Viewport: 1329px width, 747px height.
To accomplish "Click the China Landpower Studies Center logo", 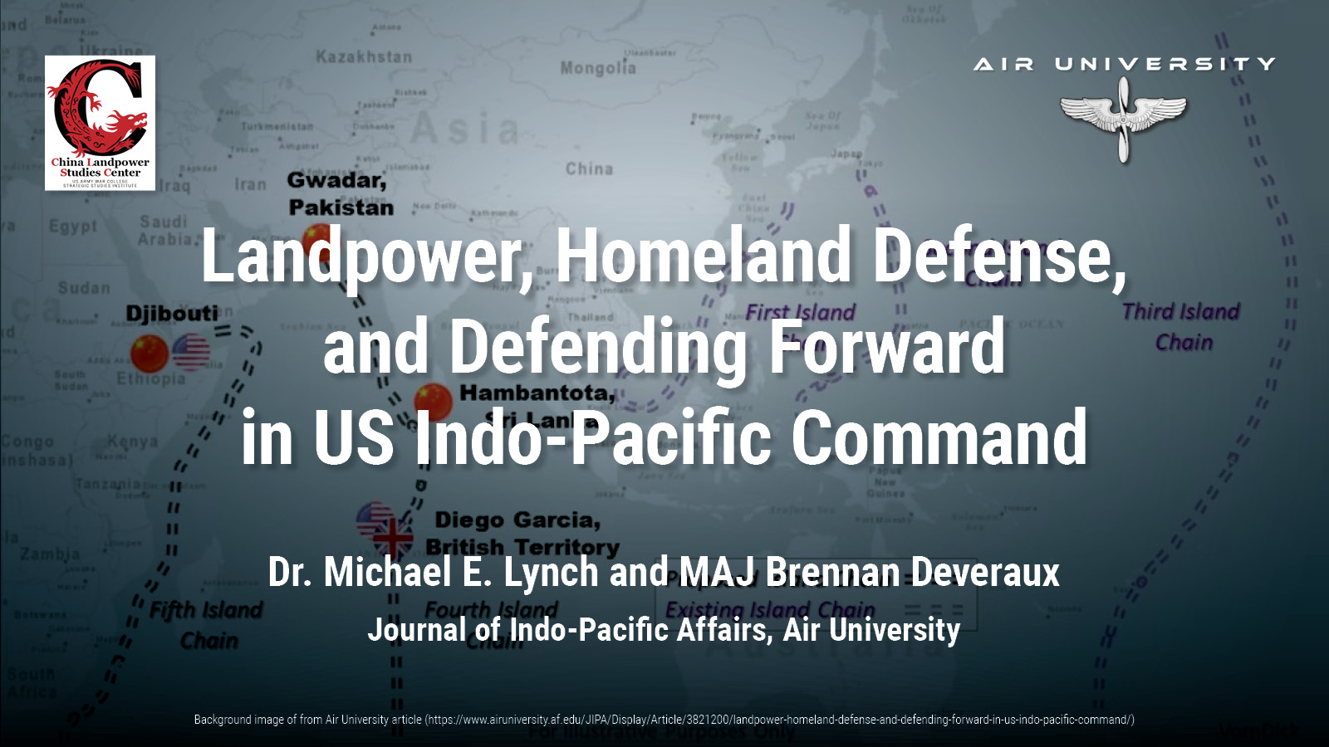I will pos(100,123).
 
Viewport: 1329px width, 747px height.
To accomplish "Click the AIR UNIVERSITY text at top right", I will pos(1124,64).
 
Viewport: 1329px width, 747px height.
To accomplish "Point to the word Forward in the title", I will pos(886,346).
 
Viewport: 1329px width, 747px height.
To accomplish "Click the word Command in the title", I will pos(939,437).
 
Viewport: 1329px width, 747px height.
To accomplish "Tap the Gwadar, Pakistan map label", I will pos(339,193).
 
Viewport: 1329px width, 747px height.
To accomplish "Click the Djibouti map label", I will pos(171,314).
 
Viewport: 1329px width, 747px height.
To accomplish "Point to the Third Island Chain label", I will pos(1181,326).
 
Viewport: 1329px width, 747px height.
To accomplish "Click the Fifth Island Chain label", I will pos(206,625).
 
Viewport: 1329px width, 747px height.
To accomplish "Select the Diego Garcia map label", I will pos(517,520).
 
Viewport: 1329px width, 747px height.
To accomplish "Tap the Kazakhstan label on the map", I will pos(363,57).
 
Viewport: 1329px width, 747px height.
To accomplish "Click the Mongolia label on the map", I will pos(597,67).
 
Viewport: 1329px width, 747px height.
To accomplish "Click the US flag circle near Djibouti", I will pos(191,352).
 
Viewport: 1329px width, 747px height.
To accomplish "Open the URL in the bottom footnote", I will pos(779,720).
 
